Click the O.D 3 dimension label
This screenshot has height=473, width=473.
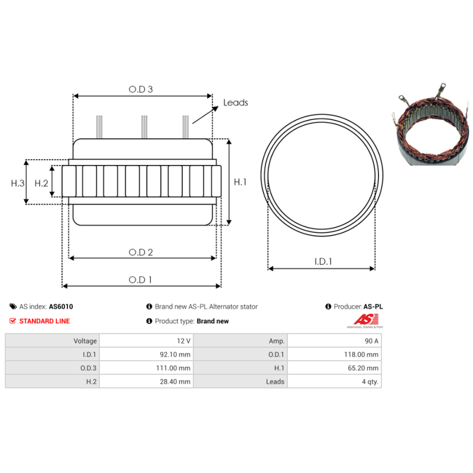pos(141,89)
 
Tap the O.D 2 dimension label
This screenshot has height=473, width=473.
pos(141,252)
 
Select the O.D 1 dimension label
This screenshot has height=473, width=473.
pos(141,280)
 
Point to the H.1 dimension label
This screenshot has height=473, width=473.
pos(240,182)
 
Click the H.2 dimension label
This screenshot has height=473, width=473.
pos(41,183)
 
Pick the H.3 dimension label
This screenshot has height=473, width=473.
pos(18,183)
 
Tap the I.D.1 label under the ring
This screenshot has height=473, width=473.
pos(322,261)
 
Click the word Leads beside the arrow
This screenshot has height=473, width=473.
pos(235,102)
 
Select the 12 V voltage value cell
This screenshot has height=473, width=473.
pos(183,341)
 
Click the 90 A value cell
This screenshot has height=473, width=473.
pos(371,341)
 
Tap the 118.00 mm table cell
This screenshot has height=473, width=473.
pos(363,355)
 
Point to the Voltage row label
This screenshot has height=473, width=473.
pos(85,341)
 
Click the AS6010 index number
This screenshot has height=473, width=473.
pos(61,307)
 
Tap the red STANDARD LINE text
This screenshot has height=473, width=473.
pos(44,321)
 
